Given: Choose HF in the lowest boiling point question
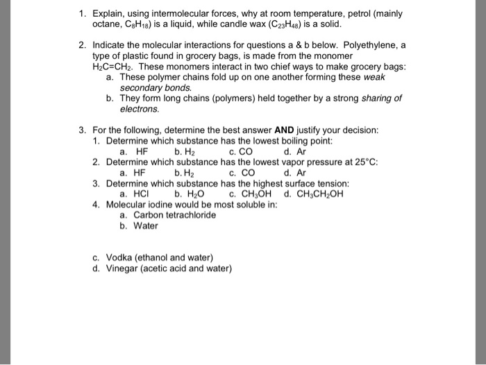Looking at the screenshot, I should [x=142, y=151].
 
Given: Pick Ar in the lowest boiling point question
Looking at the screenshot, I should [x=301, y=151].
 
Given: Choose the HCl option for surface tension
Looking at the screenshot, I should [x=144, y=194].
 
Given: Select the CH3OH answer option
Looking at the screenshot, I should [x=254, y=194].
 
